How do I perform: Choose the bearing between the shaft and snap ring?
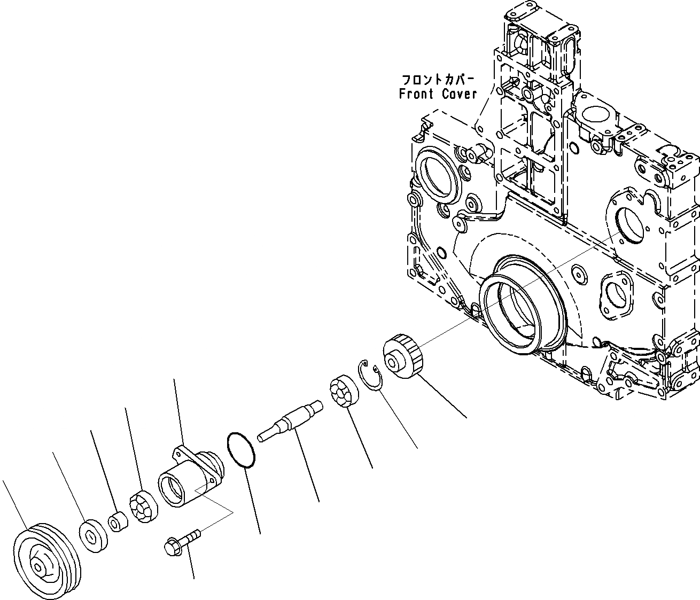coord(343,393)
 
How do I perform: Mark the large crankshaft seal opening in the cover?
coord(518,305)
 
